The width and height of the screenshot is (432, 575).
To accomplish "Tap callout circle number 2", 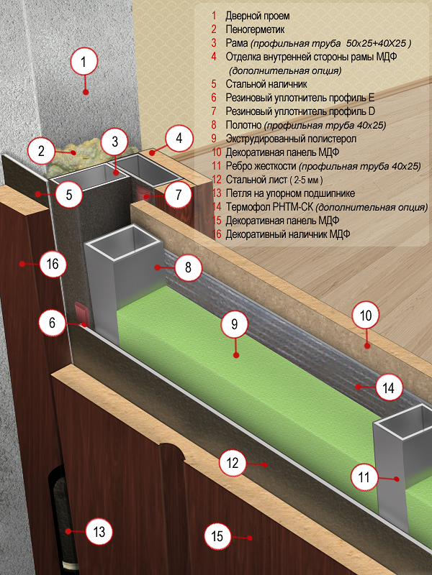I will point(42,151).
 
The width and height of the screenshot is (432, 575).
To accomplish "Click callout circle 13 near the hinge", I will point(99,532).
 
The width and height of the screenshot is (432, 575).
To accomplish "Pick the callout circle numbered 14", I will point(388,388).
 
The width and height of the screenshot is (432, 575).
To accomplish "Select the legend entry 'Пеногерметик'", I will point(256,29).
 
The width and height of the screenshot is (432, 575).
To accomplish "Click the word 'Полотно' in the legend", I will point(244,125).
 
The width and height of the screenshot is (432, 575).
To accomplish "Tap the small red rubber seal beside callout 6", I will point(81,313).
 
